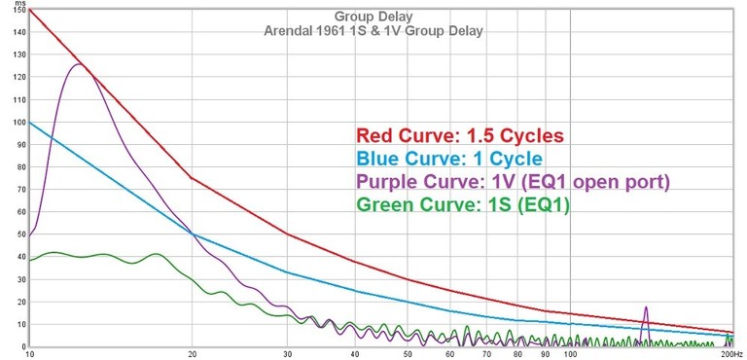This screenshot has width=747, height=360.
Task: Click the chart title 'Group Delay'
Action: tap(373, 17)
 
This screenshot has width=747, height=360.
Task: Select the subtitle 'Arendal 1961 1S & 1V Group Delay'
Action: tap(373, 30)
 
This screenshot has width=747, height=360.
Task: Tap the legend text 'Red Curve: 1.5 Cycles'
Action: tap(460, 135)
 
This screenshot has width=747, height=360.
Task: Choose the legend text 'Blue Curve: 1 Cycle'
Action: tap(449, 159)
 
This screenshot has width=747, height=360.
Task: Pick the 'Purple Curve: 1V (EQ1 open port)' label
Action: tap(514, 181)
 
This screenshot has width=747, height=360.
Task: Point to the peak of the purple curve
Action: tap(77, 64)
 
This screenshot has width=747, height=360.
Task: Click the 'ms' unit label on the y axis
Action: tap(18, 4)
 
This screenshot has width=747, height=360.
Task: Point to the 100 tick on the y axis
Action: tap(17, 123)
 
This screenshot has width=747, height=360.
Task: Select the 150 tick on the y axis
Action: tap(17, 11)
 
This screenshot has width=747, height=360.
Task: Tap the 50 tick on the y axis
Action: tap(18, 234)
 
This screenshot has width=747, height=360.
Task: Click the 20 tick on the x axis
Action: tap(192, 354)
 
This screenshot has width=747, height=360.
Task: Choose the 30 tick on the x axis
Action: tap(288, 354)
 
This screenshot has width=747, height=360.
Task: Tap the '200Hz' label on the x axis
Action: tap(729, 354)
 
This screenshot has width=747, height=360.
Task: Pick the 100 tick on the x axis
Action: tap(569, 354)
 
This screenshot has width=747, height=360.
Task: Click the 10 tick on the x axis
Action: tap(30, 354)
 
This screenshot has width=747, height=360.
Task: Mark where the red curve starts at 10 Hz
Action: tap(30, 10)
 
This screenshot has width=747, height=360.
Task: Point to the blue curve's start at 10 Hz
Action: tap(30, 123)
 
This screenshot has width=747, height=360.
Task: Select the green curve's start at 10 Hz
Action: tap(30, 261)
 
